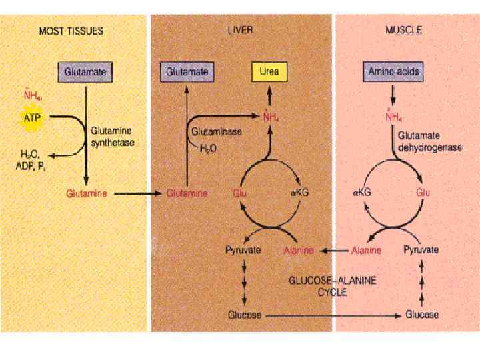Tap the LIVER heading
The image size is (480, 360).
click(x=240, y=31)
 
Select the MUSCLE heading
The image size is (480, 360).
click(x=403, y=31)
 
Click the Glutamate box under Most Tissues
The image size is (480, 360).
click(x=85, y=71)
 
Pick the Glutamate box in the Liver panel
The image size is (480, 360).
click(x=187, y=71)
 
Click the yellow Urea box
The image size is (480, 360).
click(x=269, y=71)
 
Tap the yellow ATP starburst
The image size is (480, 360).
click(x=32, y=118)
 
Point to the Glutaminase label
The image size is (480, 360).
click(x=216, y=131)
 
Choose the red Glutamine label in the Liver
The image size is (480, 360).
click(x=187, y=193)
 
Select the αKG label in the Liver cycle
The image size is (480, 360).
click(x=301, y=193)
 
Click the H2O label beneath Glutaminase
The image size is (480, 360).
click(x=208, y=149)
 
